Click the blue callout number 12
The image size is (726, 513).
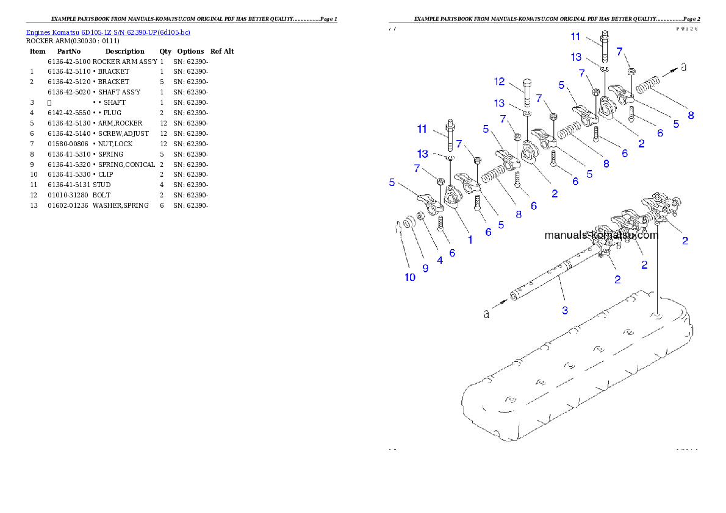pyautogui.click(x=500, y=82)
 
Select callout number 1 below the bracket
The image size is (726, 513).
pyautogui.click(x=470, y=239)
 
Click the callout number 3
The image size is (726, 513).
pyautogui.click(x=565, y=310)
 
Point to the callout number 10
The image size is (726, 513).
pyautogui.click(x=410, y=277)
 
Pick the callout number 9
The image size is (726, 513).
pyautogui.click(x=425, y=267)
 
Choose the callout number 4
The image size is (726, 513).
pyautogui.click(x=439, y=260)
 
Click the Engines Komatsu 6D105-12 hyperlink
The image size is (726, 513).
pyautogui.click(x=108, y=32)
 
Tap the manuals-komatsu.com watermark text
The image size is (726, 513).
pyautogui.click(x=601, y=235)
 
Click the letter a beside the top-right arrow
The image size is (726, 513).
pyautogui.click(x=683, y=67)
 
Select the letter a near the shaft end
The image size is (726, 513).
pyautogui.click(x=486, y=314)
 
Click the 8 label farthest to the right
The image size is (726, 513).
pyautogui.click(x=691, y=115)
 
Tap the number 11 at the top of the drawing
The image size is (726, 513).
pyautogui.click(x=575, y=37)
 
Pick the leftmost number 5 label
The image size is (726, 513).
pyautogui.click(x=392, y=182)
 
